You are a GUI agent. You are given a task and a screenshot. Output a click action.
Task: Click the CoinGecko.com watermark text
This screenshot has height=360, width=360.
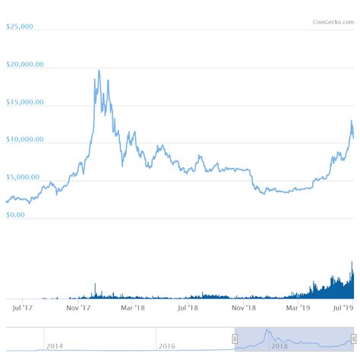pos(333,21)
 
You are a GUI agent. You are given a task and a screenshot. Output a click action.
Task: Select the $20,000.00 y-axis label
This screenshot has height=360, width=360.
pos(25,65)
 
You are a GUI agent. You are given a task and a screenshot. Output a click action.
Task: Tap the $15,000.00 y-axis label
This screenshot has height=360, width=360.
pos(25,102)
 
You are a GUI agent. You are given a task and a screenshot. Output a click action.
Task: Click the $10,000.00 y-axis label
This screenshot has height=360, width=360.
pos(25,140)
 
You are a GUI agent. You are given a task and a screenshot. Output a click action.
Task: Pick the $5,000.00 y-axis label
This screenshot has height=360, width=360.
pos(24,178)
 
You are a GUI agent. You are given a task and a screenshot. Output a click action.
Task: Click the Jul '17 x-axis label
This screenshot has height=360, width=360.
pos(23,308)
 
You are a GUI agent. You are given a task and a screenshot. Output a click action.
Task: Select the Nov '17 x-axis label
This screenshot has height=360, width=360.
pos(79,308)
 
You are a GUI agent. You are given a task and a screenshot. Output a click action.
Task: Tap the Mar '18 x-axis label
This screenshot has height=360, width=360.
pos(134,308)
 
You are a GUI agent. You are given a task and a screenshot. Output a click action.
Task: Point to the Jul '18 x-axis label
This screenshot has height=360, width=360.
pos(188,308)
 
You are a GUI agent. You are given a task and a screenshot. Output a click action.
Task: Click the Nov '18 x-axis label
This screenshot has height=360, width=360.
pos(244,308)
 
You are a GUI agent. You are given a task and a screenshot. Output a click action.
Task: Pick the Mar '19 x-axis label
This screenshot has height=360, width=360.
pos(298,308)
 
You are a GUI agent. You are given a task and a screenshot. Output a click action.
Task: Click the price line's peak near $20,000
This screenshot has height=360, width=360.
pos(99,71)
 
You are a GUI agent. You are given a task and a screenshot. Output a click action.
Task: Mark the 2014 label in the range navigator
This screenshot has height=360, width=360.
pos(55,346)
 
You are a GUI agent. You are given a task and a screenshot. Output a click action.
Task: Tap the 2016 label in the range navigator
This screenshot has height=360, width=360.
pos(167,346)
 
